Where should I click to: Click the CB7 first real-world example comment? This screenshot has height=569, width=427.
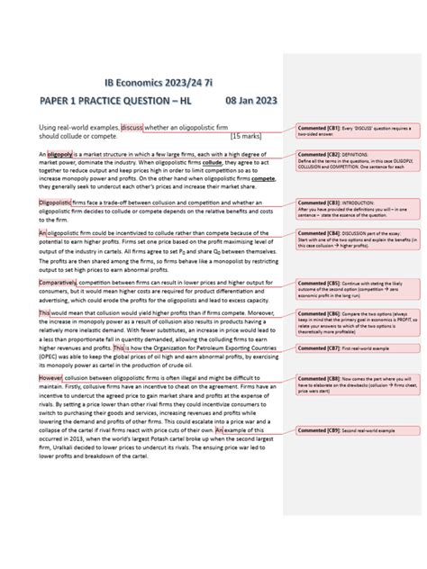(346, 347)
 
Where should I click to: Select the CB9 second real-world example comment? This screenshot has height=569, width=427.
(346, 430)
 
